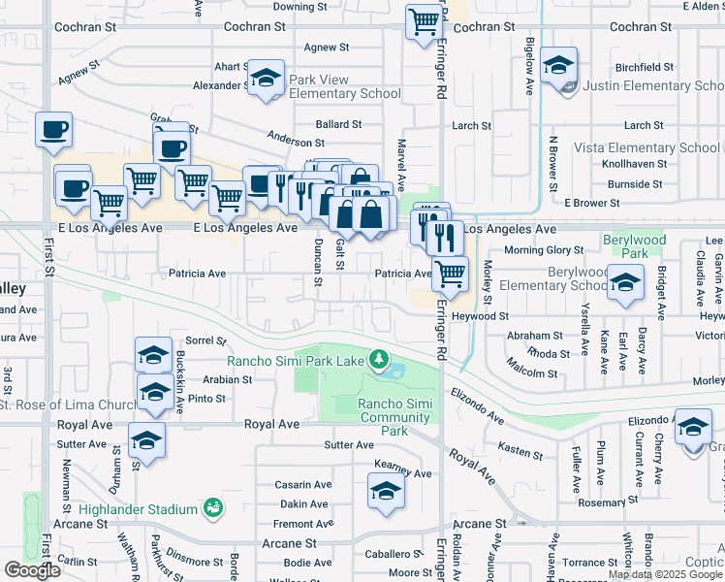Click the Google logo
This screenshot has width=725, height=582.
click(x=32, y=569)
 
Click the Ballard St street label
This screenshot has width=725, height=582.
click(x=339, y=125)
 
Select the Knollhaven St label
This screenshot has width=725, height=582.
click(x=632, y=165)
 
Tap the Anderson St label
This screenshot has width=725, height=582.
click(x=268, y=140)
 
